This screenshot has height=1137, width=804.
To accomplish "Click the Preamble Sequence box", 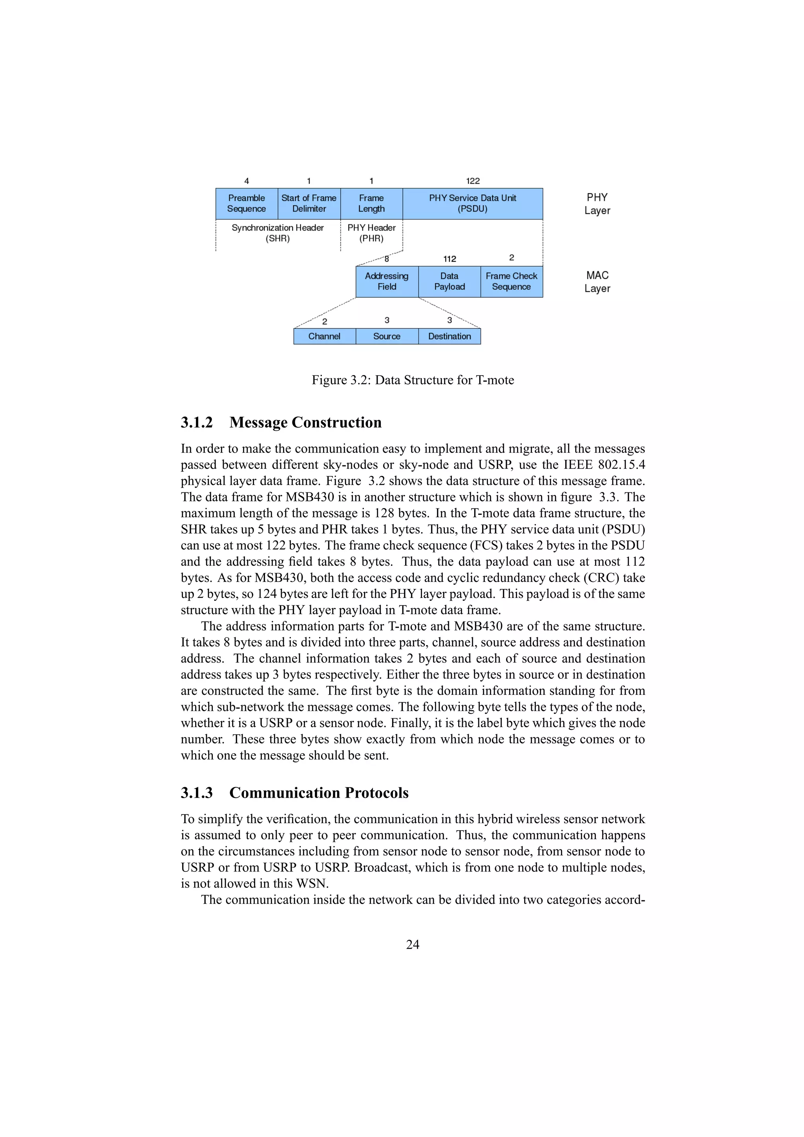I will [246, 204].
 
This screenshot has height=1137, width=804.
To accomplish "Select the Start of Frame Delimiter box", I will [309, 204].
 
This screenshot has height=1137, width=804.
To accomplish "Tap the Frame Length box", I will [371, 204].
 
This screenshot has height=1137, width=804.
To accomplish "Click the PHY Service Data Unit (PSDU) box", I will [472, 204].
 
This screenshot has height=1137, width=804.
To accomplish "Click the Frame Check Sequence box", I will [511, 281].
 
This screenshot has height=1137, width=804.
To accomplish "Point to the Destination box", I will [450, 336].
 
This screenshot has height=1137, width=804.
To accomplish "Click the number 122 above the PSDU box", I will [473, 181].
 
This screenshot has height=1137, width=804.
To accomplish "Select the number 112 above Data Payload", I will [450, 259].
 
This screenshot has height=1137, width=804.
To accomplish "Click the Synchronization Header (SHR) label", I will [278, 233].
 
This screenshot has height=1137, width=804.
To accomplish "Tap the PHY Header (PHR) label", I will [371, 233].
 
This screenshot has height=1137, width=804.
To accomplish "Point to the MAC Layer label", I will [597, 282].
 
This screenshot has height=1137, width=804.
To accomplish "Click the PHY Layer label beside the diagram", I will [597, 204].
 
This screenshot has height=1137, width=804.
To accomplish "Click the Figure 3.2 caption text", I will [413, 380].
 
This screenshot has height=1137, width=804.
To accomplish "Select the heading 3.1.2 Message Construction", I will [281, 423].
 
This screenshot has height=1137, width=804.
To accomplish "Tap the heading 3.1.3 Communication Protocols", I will [294, 793].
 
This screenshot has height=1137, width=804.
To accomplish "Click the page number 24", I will [412, 944].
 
